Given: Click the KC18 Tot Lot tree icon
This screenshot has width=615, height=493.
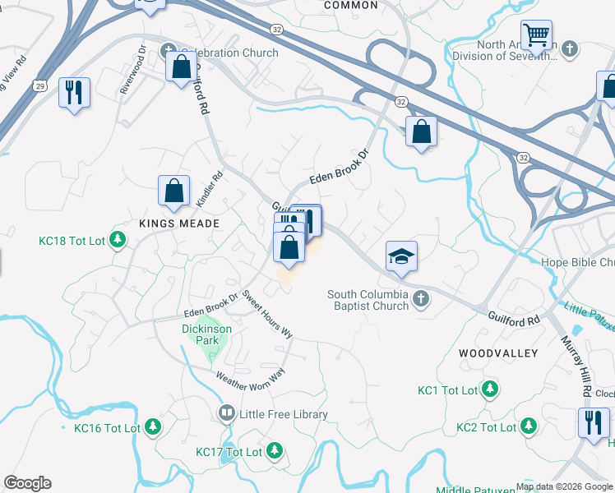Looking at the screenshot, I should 118,240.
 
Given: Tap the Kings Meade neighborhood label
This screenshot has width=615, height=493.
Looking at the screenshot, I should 179,223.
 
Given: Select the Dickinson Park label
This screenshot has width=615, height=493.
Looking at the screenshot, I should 206,334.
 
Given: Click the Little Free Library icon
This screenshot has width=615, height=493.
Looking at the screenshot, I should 226,414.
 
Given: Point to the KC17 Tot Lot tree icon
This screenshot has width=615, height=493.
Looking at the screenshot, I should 275,451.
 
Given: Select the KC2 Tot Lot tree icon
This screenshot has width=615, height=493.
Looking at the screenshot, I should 529,426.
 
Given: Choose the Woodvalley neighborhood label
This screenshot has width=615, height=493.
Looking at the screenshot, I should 498,353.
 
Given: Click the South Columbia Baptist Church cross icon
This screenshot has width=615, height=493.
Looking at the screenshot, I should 421,297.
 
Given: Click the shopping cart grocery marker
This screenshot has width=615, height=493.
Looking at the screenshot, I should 536,36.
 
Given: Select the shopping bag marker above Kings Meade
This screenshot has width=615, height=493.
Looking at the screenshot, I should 174,191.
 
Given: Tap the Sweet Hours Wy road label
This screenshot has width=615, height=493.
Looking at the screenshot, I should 268,316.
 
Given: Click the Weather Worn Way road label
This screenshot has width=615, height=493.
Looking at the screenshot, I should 250,376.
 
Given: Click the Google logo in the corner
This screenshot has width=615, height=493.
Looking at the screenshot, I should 27,483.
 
